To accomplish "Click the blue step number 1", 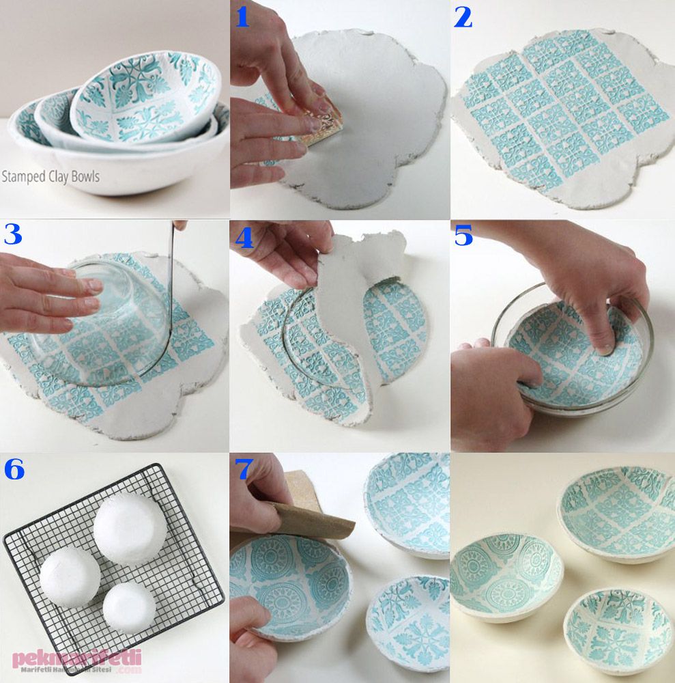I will [242, 17].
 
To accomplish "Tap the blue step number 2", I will [463, 17].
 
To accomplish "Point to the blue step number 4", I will [244, 238].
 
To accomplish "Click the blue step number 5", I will [463, 236].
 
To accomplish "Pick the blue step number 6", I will [14, 469].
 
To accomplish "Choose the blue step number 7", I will [244, 469].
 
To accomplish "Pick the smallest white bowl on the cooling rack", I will [129, 605].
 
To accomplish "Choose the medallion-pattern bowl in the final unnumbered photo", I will [506, 574].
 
